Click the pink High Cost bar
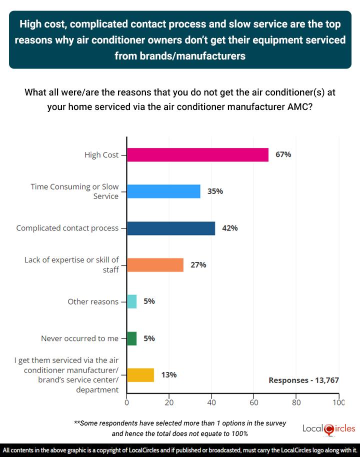click(197, 155)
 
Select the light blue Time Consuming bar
click(163, 191)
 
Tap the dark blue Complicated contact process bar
click(171, 228)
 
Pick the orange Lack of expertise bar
click(155, 265)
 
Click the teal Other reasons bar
click(132, 301)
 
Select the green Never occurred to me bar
click(132, 338)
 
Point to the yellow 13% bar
click(140, 375)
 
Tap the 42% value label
click(230, 228)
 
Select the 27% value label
click(198, 265)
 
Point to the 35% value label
click(215, 191)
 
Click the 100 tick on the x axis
click(338, 401)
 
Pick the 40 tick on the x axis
click(211, 401)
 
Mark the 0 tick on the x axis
click(127, 401)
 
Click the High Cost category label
click(101, 155)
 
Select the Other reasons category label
click(93, 301)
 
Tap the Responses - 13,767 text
click(303, 380)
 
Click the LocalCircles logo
click(329, 429)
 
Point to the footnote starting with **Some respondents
click(180, 428)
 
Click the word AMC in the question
click(302, 106)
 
